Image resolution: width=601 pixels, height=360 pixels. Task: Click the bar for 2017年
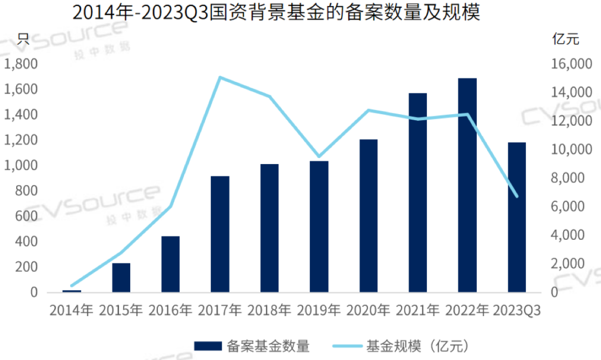(x=220, y=234)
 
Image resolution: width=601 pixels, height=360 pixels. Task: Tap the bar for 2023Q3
(x=517, y=217)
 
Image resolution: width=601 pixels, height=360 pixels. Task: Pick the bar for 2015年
(x=121, y=277)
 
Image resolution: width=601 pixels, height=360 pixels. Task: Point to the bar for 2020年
(x=368, y=215)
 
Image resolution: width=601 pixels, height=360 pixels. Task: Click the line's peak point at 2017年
(x=220, y=77)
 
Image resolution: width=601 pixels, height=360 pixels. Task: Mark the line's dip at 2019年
(x=319, y=157)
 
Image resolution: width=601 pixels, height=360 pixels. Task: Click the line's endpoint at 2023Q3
(x=517, y=196)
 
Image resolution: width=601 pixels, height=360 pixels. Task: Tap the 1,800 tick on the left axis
(x=21, y=64)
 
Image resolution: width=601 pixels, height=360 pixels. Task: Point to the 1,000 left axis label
(x=21, y=165)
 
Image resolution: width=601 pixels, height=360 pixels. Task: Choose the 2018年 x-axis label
(x=269, y=310)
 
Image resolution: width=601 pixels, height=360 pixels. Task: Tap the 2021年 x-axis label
(x=418, y=310)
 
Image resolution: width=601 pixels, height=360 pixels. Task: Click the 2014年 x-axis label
(x=71, y=310)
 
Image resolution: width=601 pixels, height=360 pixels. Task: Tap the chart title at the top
(x=276, y=12)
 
